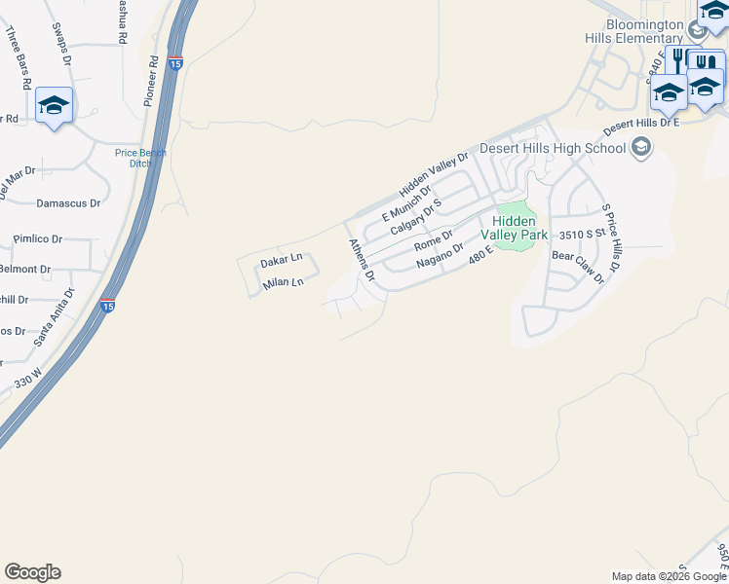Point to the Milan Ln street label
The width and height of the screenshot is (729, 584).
[284, 283]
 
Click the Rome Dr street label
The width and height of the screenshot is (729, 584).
[434, 237]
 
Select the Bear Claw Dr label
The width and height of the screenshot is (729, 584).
[578, 267]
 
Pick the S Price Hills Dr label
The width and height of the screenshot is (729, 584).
[611, 238]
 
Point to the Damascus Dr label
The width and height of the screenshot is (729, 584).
[68, 203]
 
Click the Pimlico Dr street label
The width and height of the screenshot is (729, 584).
[38, 238]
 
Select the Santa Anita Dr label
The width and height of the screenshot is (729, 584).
[55, 317]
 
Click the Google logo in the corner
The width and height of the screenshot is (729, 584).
[32, 572]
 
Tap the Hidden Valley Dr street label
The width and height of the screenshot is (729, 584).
[434, 173]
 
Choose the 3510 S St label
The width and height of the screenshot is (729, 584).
[584, 236]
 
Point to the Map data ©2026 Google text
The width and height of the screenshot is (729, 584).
[669, 576]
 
